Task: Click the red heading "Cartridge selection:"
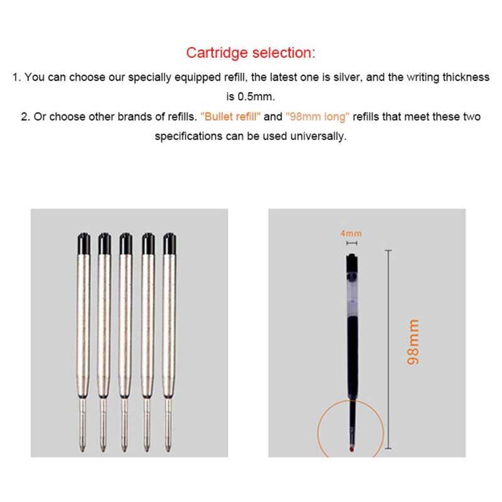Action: [251, 52]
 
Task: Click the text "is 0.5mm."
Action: [251, 97]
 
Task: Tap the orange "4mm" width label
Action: [351, 233]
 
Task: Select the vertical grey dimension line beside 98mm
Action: [388, 348]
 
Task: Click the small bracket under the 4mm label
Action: [351, 242]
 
